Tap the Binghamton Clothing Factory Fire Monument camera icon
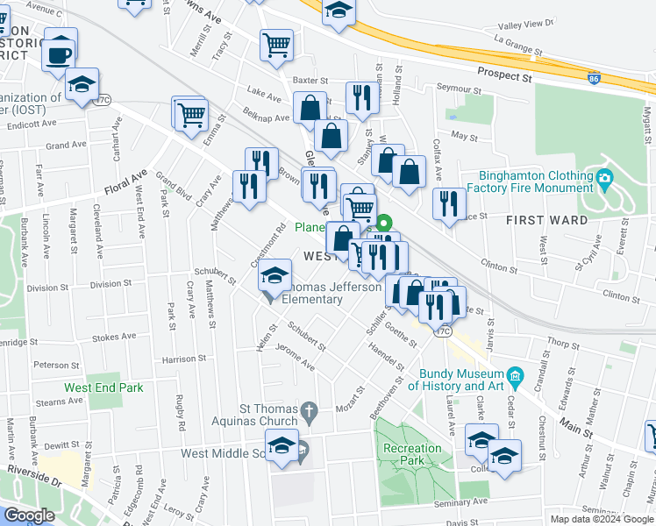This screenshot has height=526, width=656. tap(605, 181)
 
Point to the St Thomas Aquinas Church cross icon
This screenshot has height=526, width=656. tap(308, 409)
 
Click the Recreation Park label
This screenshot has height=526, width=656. tap(412, 455)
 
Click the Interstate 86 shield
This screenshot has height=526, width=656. tap(594, 78)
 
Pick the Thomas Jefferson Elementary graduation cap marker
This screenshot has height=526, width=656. tap(275, 276)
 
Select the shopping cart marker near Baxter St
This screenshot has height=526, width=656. tap(276, 44)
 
